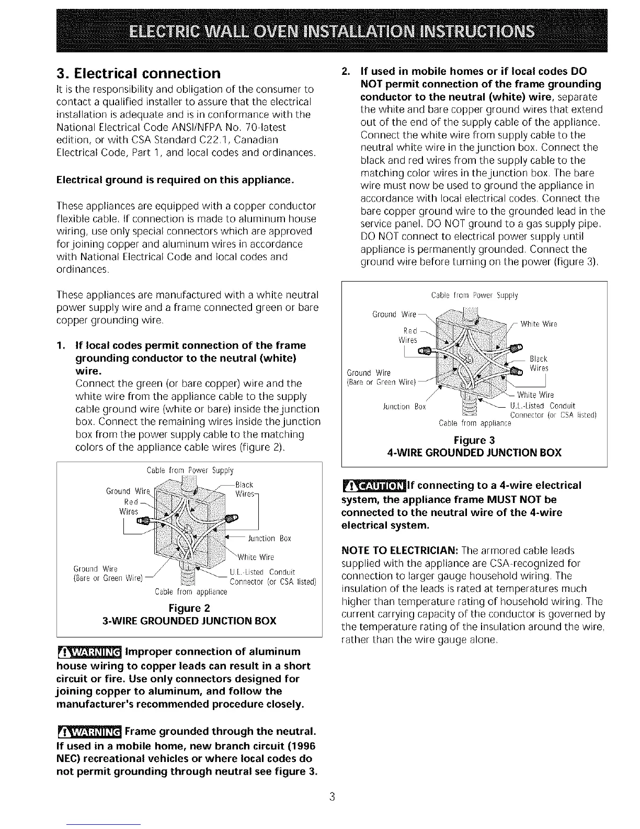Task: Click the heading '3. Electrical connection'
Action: (138, 72)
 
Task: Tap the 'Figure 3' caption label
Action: (474, 439)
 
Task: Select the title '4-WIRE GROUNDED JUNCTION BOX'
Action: (474, 452)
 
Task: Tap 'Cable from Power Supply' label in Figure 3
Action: (474, 296)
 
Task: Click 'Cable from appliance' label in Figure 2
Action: (191, 592)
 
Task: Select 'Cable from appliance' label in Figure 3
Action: (474, 423)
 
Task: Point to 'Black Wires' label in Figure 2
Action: (244, 489)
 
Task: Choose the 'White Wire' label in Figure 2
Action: (256, 557)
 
